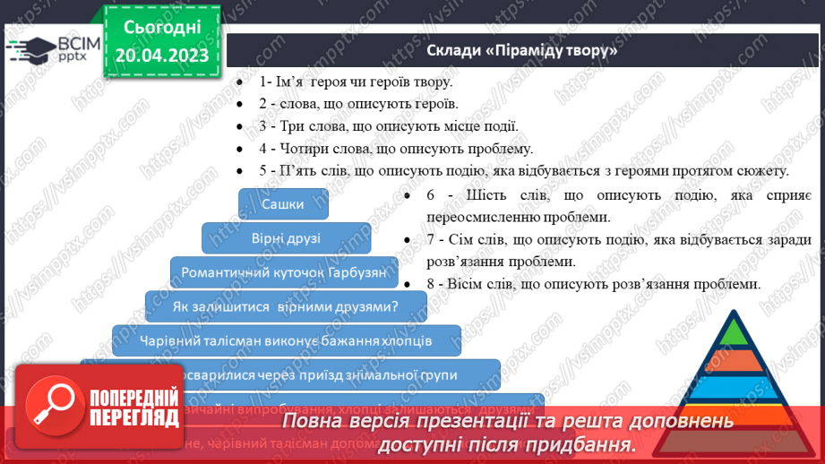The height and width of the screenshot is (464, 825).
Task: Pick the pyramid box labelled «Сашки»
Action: tap(283, 204)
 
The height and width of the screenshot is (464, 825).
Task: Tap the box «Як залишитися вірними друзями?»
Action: tap(285, 306)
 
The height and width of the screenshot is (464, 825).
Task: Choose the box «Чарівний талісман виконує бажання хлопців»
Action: tap(286, 340)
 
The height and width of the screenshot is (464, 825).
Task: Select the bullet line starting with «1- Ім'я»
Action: tap(357, 81)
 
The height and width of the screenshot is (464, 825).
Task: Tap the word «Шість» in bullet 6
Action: tap(479, 194)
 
